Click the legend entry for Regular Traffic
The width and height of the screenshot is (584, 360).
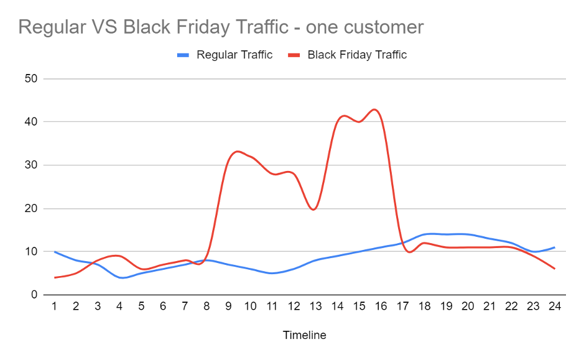pyautogui.click(x=234, y=55)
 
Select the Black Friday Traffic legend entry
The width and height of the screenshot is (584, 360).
pyautogui.click(x=356, y=55)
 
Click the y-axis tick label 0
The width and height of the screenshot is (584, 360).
pyautogui.click(x=35, y=295)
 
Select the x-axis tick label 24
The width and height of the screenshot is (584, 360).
pyautogui.click(x=554, y=306)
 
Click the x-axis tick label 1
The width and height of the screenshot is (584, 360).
pyautogui.click(x=55, y=306)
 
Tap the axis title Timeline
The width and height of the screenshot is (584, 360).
pyautogui.click(x=304, y=335)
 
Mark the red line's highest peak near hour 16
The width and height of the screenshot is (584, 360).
pyautogui.click(x=374, y=109)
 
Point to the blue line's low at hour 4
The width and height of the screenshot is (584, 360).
pyautogui.click(x=122, y=278)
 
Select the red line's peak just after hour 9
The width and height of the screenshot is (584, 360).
pyautogui.click(x=238, y=151)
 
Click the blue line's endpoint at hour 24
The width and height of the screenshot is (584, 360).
pyautogui.click(x=554, y=247)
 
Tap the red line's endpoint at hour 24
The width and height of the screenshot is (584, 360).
pyautogui.click(x=554, y=269)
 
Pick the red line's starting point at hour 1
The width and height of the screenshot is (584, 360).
pyautogui.click(x=55, y=277)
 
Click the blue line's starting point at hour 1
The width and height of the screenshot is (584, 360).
pyautogui.click(x=55, y=252)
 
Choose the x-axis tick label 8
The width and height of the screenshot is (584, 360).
pyautogui.click(x=206, y=306)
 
